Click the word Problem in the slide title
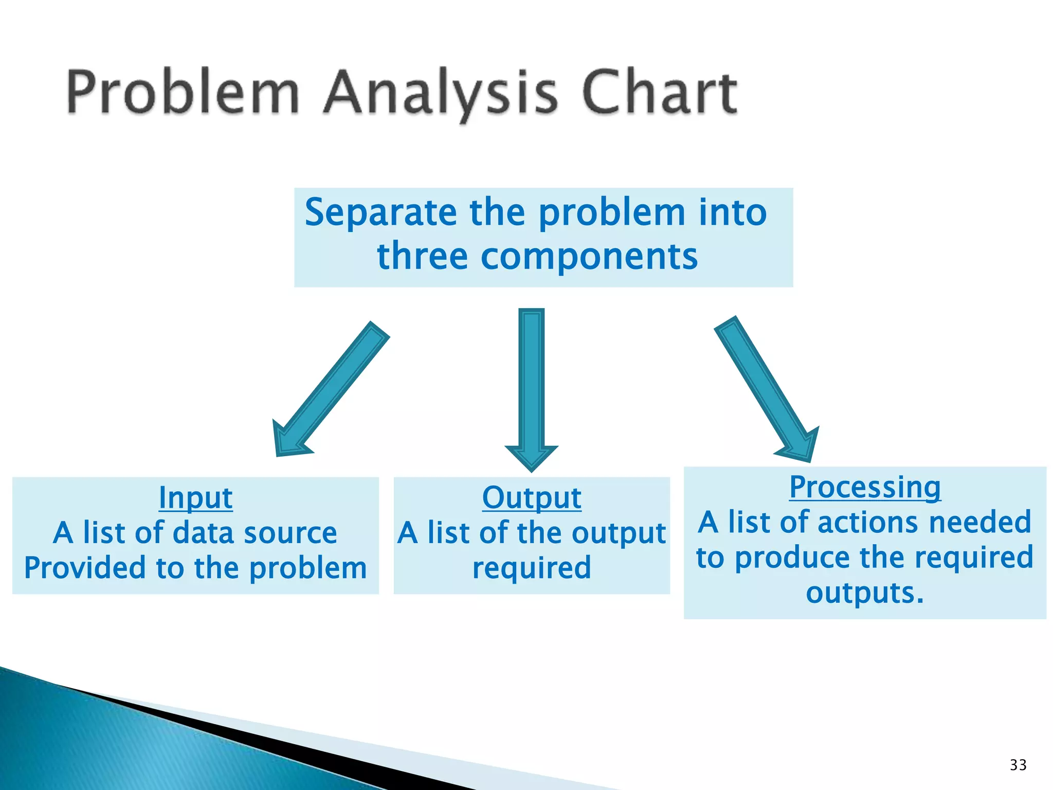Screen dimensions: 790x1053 click(x=183, y=93)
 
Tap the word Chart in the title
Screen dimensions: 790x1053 click(x=660, y=93)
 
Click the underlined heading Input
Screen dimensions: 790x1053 click(x=195, y=498)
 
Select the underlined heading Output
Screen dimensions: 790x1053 click(x=532, y=498)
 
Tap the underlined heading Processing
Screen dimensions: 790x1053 click(x=865, y=488)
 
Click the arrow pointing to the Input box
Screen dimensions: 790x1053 click(x=329, y=391)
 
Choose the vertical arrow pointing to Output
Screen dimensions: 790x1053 click(x=532, y=386)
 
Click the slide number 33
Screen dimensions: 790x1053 click(x=1018, y=765)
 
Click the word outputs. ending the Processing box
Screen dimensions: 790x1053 click(x=865, y=592)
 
